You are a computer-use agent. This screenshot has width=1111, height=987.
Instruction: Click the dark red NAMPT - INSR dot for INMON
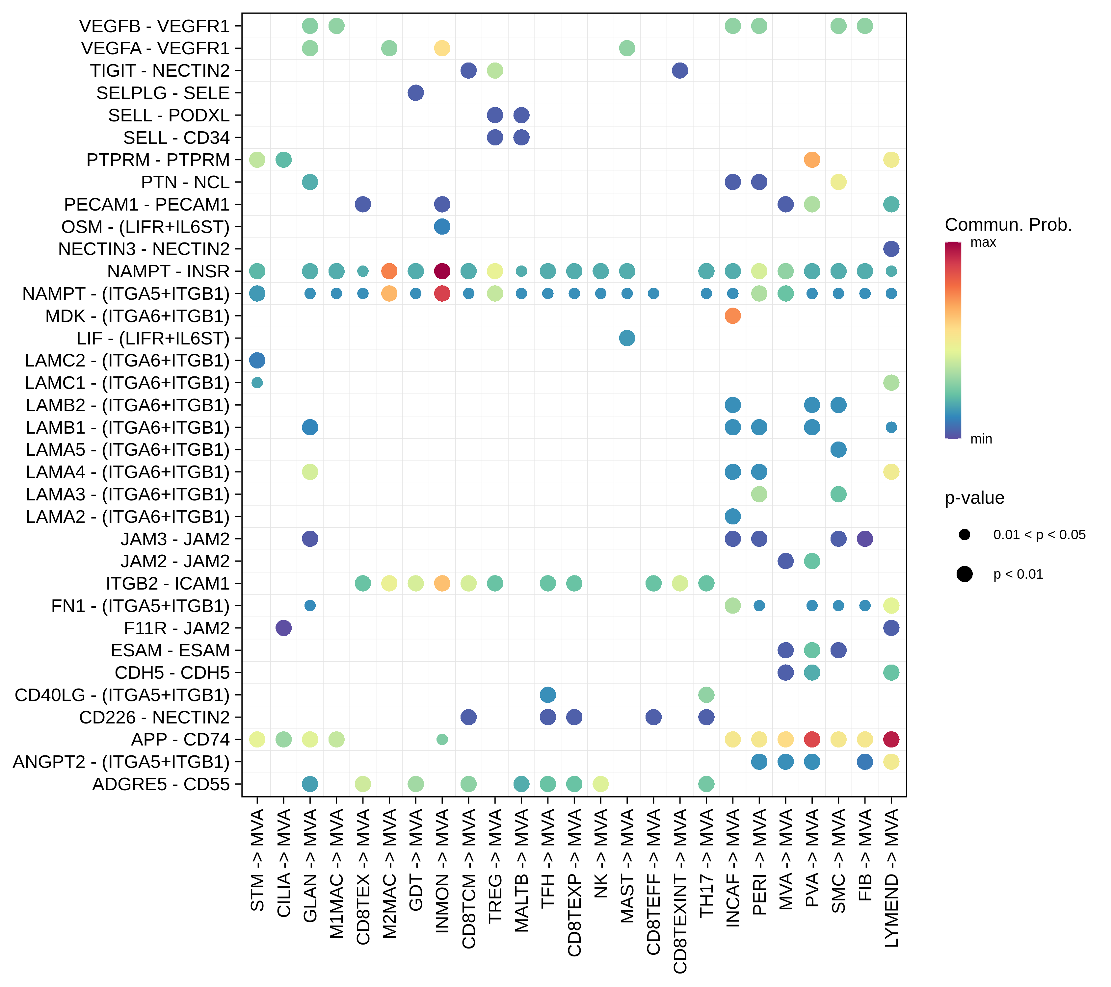442,271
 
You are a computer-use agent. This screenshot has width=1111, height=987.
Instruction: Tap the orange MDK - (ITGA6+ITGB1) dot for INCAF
733,316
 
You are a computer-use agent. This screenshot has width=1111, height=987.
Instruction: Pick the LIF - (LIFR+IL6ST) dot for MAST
627,338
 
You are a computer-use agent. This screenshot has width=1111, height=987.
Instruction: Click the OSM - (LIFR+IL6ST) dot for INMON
442,226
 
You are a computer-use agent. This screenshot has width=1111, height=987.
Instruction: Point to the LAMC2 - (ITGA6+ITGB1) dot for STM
257,360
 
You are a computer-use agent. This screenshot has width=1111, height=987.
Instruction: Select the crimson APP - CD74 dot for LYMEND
891,739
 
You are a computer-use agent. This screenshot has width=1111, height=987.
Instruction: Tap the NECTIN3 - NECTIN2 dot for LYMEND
891,249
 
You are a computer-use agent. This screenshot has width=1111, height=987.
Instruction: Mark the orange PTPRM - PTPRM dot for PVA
811,160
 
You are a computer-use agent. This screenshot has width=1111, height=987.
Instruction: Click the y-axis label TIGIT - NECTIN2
160,71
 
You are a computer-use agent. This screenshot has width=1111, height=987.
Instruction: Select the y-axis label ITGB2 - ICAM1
168,583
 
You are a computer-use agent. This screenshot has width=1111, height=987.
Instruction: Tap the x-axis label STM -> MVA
257,860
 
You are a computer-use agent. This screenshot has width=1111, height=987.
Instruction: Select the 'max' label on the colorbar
983,242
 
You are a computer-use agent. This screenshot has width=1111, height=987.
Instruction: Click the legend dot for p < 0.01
964,574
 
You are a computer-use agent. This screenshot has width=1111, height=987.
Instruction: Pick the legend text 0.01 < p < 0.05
1039,535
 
